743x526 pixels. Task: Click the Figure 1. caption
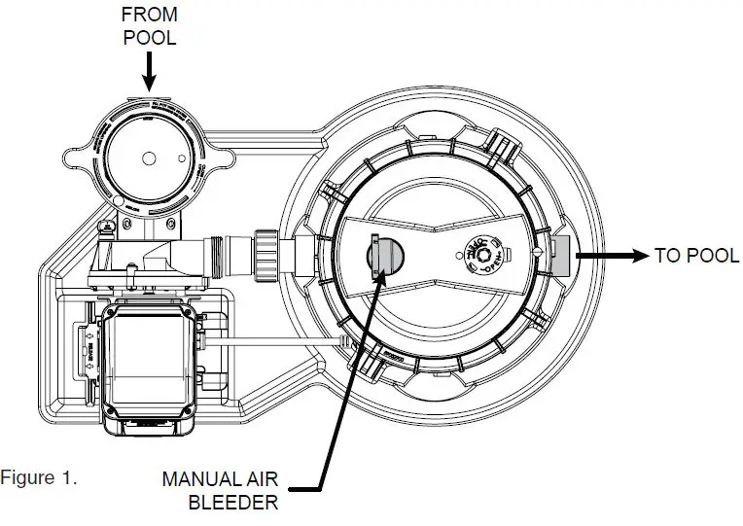tap(39, 478)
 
